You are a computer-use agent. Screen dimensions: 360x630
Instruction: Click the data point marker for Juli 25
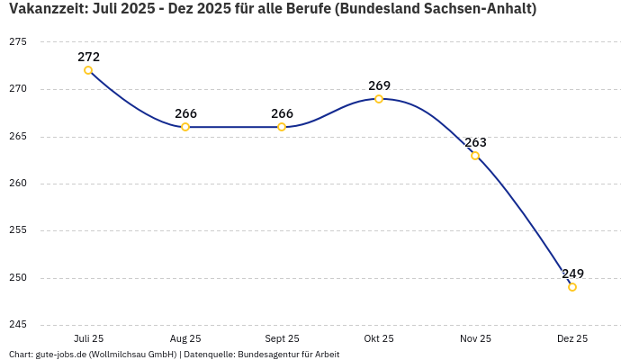pos(88,70)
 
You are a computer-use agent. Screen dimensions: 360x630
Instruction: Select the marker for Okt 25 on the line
pos(379,99)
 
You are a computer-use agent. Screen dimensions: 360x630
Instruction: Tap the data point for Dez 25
pos(572,287)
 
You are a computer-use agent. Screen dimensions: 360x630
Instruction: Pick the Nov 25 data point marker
pos(475,156)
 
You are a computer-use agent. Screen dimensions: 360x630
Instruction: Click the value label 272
pos(88,57)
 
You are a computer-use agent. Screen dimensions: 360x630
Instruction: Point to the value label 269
pos(379,85)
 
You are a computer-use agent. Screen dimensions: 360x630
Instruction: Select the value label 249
pos(572,274)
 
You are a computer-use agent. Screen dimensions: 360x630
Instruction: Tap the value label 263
pos(475,142)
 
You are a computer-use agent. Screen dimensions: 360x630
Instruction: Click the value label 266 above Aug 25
pos(185,113)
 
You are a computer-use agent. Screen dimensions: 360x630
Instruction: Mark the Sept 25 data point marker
pos(282,127)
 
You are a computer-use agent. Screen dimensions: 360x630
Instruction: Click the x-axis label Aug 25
pos(185,338)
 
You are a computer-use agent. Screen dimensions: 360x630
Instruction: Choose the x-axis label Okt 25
pos(379,338)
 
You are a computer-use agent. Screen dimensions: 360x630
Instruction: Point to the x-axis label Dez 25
pos(572,338)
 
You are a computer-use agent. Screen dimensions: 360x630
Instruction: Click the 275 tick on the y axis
pos(18,42)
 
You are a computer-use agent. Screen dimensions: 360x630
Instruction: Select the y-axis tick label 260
pos(18,184)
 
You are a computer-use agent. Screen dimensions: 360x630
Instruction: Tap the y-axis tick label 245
pos(18,325)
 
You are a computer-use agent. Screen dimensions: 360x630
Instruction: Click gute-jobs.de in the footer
pos(60,354)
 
